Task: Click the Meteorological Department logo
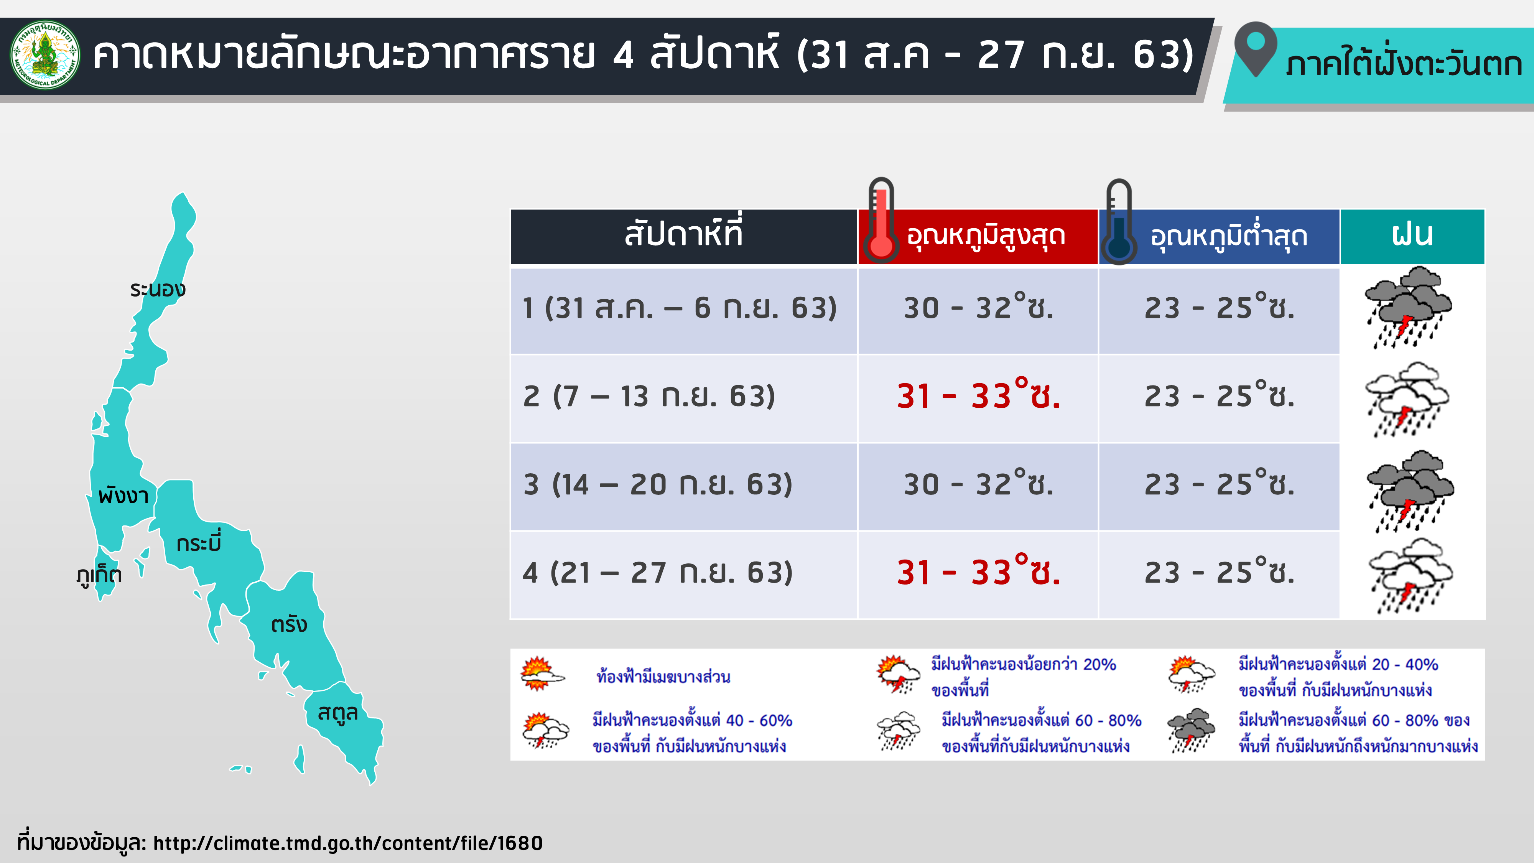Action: point(45,55)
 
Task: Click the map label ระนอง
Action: point(158,290)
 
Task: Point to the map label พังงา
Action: point(123,495)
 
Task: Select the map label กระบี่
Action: point(199,541)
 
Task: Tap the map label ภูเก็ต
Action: point(99,575)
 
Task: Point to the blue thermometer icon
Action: point(1119,222)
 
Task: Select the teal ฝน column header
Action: point(1412,236)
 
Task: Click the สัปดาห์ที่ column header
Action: point(684,236)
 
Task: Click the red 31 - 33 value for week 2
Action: point(978,395)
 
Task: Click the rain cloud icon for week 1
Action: point(1408,307)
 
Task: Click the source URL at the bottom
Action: point(348,843)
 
